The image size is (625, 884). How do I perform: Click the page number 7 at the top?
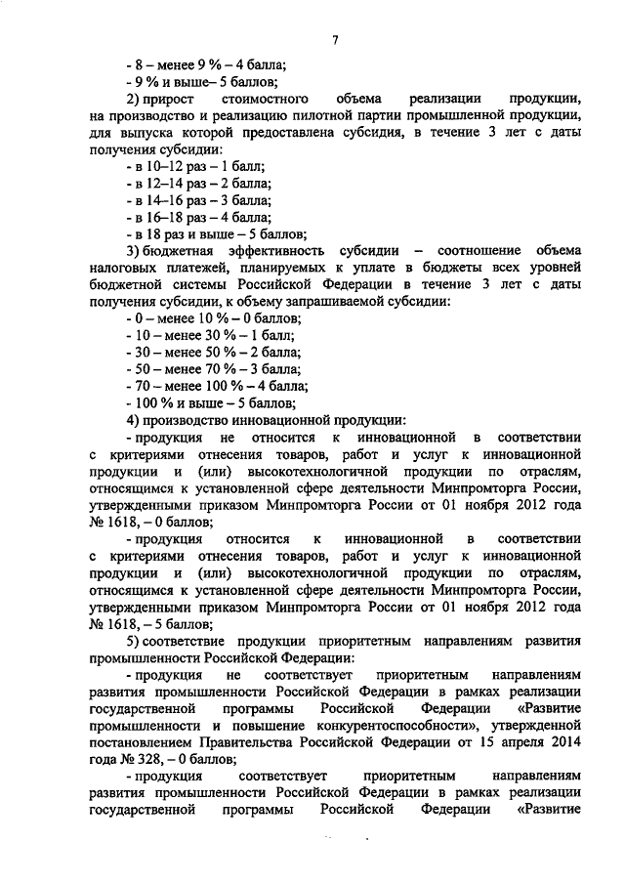pos(334,39)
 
